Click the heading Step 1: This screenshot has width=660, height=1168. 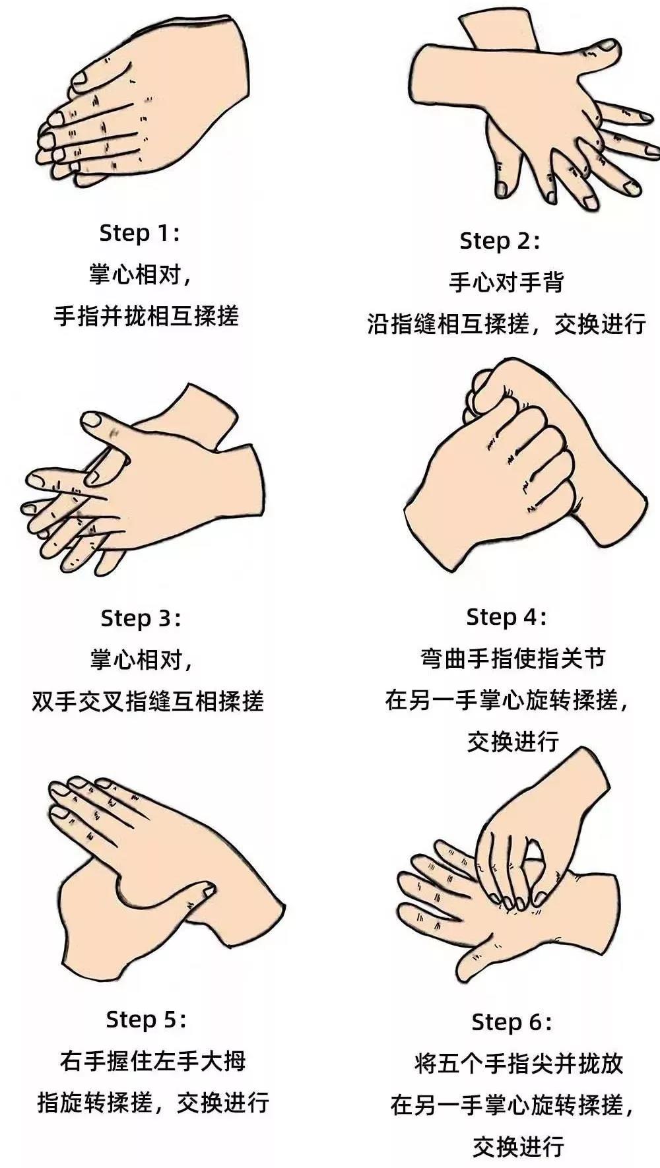pos(139,233)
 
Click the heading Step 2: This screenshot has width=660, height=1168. pos(500,241)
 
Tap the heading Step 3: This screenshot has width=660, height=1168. pos(141,618)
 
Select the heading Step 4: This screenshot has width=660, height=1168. pos(506,617)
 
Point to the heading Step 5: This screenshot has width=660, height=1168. pos(146,1020)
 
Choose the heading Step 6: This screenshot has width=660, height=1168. pos(511,1022)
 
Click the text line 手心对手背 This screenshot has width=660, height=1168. pos(506,282)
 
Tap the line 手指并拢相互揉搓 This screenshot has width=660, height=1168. pos(146,316)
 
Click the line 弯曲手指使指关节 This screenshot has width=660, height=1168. pos(513,659)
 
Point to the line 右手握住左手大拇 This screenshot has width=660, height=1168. pos(152,1061)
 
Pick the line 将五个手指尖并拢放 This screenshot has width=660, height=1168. pos(519,1063)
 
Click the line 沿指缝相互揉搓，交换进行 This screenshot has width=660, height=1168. pos(506,324)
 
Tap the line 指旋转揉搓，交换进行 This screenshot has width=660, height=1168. pos(152,1103)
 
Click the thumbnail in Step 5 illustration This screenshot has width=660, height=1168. pos(209,892)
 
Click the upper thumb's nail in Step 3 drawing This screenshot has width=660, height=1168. pos(91,419)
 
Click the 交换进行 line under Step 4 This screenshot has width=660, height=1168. pos(513,741)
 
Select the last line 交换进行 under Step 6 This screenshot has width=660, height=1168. pos(518,1146)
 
